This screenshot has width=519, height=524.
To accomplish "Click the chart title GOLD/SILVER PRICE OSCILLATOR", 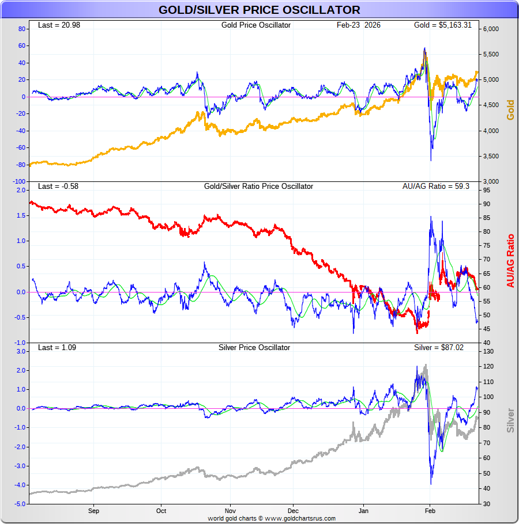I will coord(259,10).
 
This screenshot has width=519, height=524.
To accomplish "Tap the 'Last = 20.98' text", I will coord(57,25).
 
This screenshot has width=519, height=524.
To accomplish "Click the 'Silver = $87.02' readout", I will coord(439,348).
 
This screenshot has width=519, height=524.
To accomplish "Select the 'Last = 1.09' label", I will coord(57,348).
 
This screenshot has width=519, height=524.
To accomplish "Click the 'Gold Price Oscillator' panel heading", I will coord(256,25).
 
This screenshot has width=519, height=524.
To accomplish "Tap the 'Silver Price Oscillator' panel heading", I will coord(254,348).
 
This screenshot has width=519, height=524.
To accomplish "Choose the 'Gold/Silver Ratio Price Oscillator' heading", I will coord(258,187).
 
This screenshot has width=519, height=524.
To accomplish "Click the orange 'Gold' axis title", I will coord(510,110).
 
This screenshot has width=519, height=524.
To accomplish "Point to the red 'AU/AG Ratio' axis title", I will coord(510,260).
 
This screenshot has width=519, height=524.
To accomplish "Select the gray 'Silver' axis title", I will coord(510,420).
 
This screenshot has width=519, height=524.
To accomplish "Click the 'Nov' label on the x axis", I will coord(230,511).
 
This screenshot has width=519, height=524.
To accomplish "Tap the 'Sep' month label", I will coord(94,511).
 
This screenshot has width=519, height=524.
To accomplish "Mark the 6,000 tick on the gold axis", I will coord(491,29).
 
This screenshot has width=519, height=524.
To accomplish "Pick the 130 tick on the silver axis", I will coord(488,351).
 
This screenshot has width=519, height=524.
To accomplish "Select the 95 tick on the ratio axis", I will coord(487,190).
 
